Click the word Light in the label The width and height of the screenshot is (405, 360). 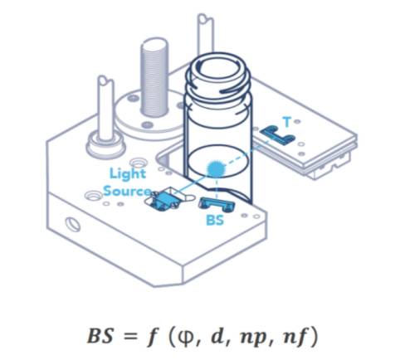(x=128, y=174)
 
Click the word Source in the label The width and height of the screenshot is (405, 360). (x=127, y=191)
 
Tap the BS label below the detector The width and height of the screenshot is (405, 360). (x=215, y=220)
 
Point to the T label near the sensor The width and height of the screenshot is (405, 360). (x=287, y=122)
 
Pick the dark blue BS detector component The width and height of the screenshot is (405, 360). (x=217, y=205)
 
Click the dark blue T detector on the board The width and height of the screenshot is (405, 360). (x=277, y=134)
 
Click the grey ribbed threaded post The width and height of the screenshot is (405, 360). (x=154, y=77)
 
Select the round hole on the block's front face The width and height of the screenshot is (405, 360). (x=73, y=224)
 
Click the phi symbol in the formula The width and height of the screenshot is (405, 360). (x=187, y=336)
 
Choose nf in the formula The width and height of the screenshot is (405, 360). (x=293, y=336)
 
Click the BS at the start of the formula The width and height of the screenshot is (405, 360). (x=100, y=336)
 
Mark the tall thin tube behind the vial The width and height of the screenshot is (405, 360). (x=206, y=36)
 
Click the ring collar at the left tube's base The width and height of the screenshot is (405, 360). (x=105, y=144)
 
